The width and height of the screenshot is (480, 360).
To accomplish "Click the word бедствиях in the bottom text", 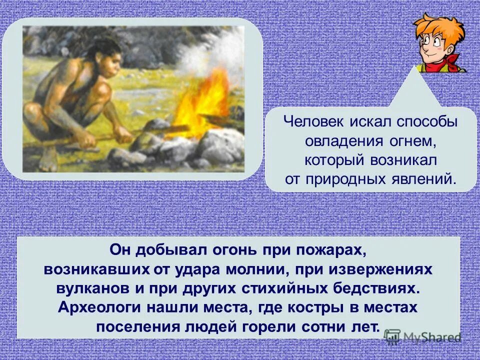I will pyautogui.click(x=380, y=288).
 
